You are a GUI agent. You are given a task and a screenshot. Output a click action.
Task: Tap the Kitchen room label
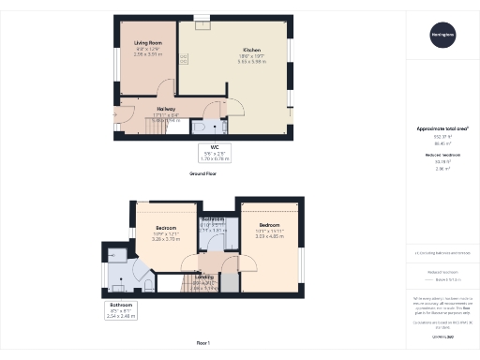(251, 50)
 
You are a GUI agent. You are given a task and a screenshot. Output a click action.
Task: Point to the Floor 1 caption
(202, 344)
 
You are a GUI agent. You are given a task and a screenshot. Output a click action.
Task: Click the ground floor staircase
(166, 123)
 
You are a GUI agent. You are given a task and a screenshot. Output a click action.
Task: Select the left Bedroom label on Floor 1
(167, 228)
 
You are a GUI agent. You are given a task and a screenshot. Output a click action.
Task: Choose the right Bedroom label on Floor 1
(271, 226)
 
